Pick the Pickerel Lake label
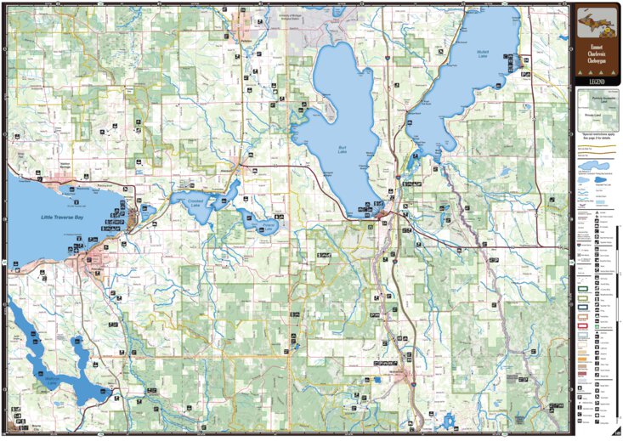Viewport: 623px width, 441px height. pos(269,228)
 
